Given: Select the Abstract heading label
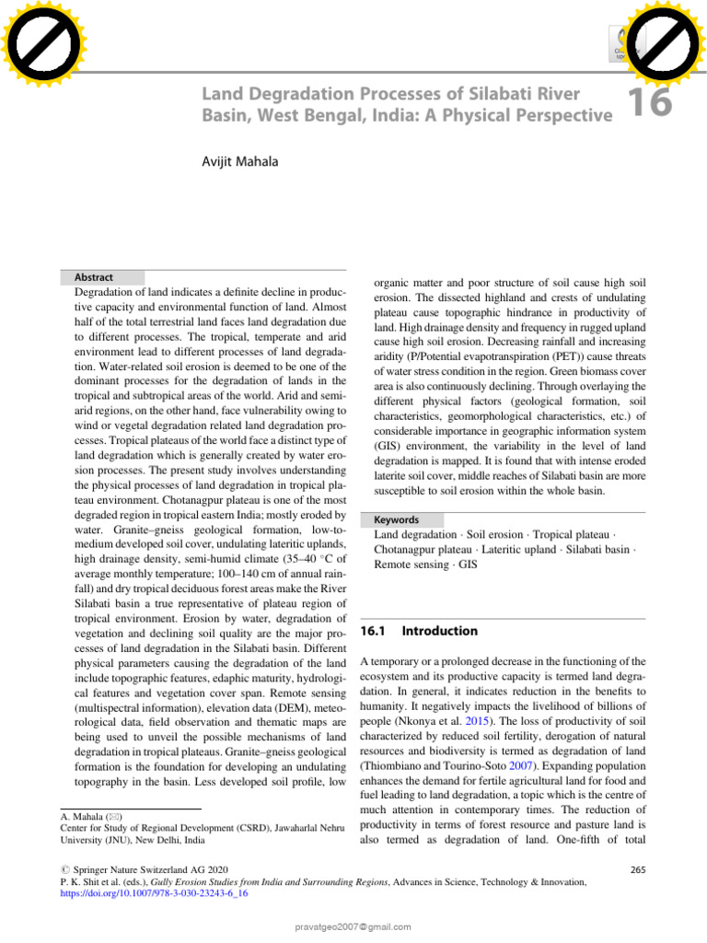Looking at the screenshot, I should [91, 277].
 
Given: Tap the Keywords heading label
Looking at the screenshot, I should [397, 519].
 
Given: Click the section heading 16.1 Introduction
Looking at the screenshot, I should [418, 631].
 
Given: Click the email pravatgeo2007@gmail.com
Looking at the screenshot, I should [353, 926].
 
